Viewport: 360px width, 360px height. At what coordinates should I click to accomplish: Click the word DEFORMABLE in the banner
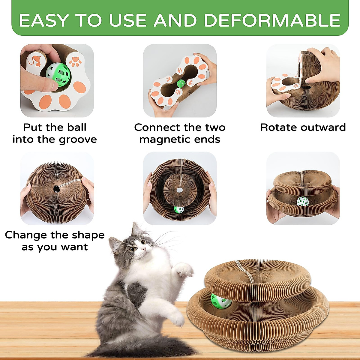(x=272, y=21)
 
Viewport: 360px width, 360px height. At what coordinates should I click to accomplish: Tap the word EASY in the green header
(x=44, y=21)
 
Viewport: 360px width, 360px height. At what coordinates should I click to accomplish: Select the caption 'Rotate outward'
(x=303, y=127)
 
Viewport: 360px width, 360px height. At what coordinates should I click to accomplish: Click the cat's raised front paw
(x=185, y=270)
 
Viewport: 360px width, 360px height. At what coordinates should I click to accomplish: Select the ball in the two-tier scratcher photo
(x=303, y=202)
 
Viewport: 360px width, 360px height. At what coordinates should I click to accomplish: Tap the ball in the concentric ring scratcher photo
(x=179, y=209)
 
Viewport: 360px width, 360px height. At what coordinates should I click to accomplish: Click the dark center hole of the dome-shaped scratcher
(x=56, y=189)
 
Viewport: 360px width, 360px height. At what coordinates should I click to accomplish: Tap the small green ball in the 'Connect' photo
(x=181, y=83)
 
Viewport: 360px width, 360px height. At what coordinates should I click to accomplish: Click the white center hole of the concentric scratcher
(x=179, y=190)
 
